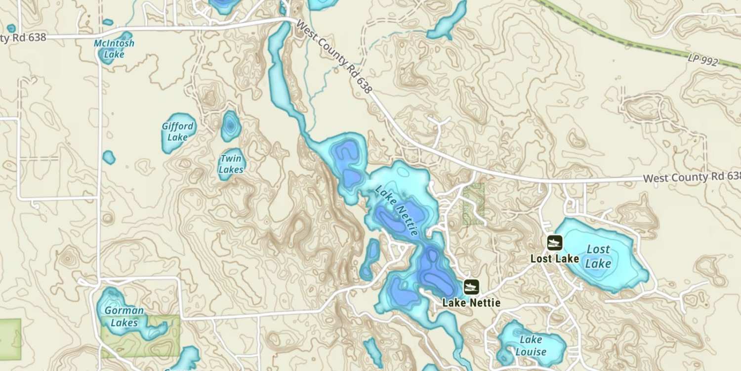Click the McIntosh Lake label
(x=114, y=48)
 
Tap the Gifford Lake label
(x=177, y=132)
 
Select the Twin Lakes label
(x=231, y=164)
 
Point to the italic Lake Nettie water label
(x=397, y=210)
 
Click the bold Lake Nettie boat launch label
(x=471, y=303)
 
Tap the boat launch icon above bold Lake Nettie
(x=471, y=286)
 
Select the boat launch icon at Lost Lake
(x=555, y=243)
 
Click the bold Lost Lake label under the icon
(x=554, y=259)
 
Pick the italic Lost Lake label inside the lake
(x=598, y=256)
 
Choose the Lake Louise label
(x=531, y=346)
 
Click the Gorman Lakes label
(x=124, y=317)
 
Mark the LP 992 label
(x=702, y=59)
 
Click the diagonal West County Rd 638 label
(x=333, y=56)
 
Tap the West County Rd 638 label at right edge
(x=692, y=177)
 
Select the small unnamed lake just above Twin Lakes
(x=230, y=126)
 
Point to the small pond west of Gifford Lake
(x=109, y=157)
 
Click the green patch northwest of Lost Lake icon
(x=473, y=204)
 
